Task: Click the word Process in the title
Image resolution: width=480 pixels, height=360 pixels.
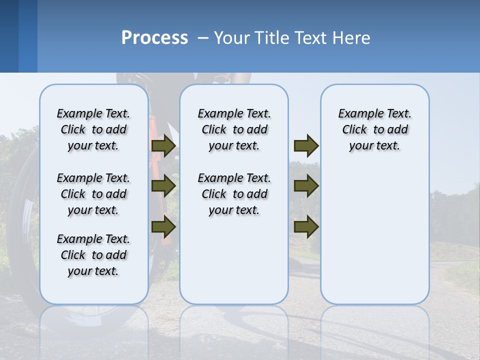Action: tap(154, 38)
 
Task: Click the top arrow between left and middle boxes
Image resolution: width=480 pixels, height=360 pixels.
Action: tap(163, 146)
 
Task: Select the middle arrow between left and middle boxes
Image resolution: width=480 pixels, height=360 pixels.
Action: tap(163, 186)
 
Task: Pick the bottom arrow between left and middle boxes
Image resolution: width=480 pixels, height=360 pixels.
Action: tap(163, 226)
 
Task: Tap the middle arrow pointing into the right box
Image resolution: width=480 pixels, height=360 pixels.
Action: tap(306, 186)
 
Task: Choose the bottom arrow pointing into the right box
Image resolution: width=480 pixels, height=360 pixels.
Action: tap(306, 226)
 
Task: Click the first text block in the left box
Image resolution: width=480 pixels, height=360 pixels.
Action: tap(93, 129)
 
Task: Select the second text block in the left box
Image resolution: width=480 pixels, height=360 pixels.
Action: tap(93, 194)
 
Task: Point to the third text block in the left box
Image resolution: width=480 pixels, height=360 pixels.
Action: tap(93, 255)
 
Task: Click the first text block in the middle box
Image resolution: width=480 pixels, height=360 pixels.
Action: tap(234, 129)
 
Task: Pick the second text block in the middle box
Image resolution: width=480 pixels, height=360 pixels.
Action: tap(234, 194)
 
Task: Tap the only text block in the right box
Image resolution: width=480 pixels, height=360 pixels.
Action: tap(374, 129)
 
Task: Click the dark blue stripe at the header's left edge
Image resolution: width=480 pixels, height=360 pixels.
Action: tap(9, 36)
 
